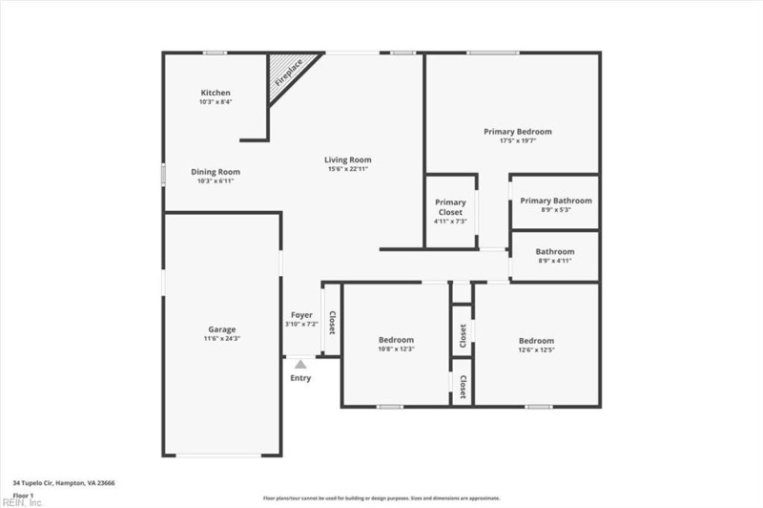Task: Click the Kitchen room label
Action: [x=215, y=93]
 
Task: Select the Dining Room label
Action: [x=216, y=172]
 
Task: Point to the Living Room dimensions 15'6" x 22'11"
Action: [x=347, y=169]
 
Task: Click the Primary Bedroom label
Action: [x=517, y=132]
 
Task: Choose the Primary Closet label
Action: [x=450, y=206]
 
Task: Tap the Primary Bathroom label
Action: [x=555, y=201]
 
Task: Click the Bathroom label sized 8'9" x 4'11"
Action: [x=555, y=251]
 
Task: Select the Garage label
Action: [x=222, y=329]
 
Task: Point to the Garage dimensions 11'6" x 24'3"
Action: [x=222, y=339]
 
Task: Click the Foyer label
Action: [x=301, y=315]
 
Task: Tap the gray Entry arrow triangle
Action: [x=300, y=364]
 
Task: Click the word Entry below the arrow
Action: [x=300, y=378]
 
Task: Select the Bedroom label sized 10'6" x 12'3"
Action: [x=396, y=340]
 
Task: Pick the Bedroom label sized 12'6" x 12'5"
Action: [x=536, y=341]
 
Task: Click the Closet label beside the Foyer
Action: [x=332, y=324]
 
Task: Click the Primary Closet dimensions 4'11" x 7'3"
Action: [x=450, y=222]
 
